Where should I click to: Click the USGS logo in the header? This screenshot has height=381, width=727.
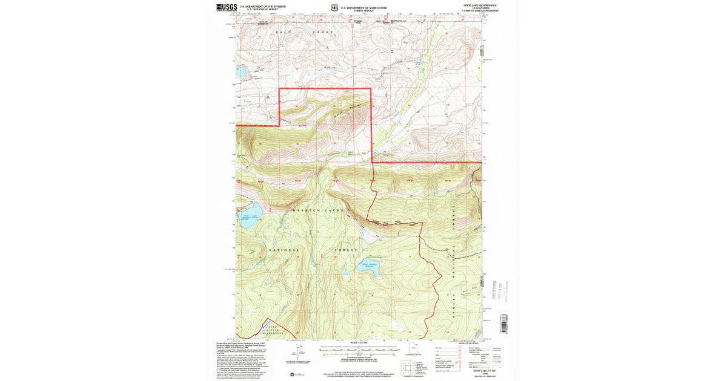[x=226, y=7]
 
